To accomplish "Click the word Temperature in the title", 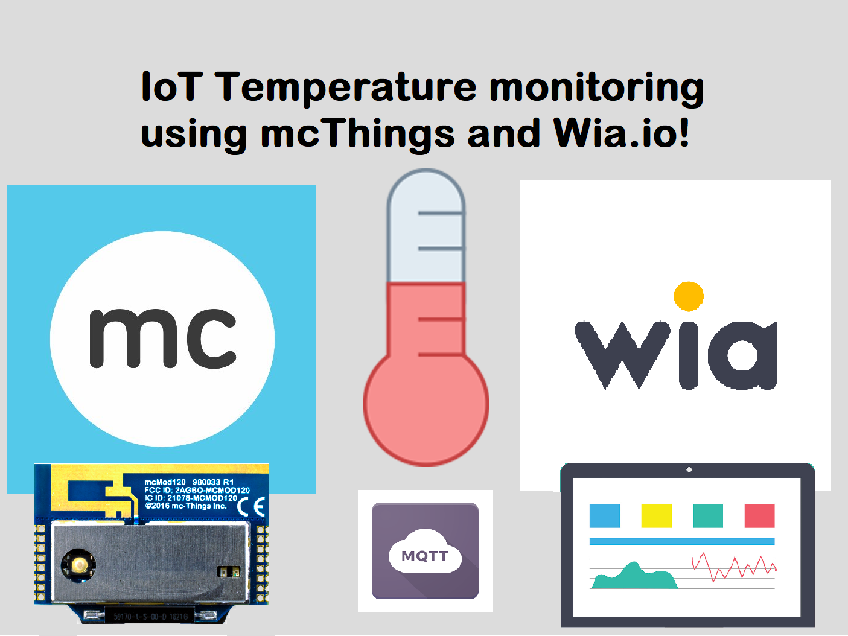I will click(346, 87).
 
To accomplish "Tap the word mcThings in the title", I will click(357, 133).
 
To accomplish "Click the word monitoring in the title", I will click(596, 87).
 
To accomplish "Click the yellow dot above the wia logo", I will click(689, 296).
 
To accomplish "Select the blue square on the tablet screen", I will click(605, 516).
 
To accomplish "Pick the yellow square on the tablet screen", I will click(656, 516).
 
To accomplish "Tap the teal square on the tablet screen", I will click(708, 516).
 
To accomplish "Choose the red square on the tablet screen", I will click(759, 516).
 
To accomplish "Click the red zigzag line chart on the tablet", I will click(734, 568).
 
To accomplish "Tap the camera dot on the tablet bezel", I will click(689, 469).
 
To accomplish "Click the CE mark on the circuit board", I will click(252, 506).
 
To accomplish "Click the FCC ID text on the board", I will click(197, 490).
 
